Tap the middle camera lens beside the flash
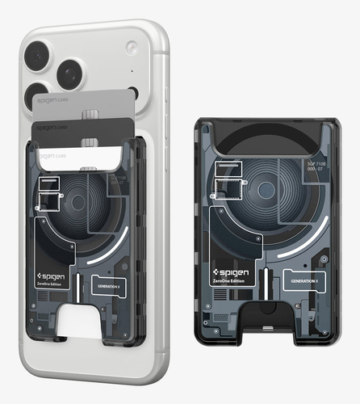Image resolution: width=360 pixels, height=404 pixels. pos(70,74)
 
